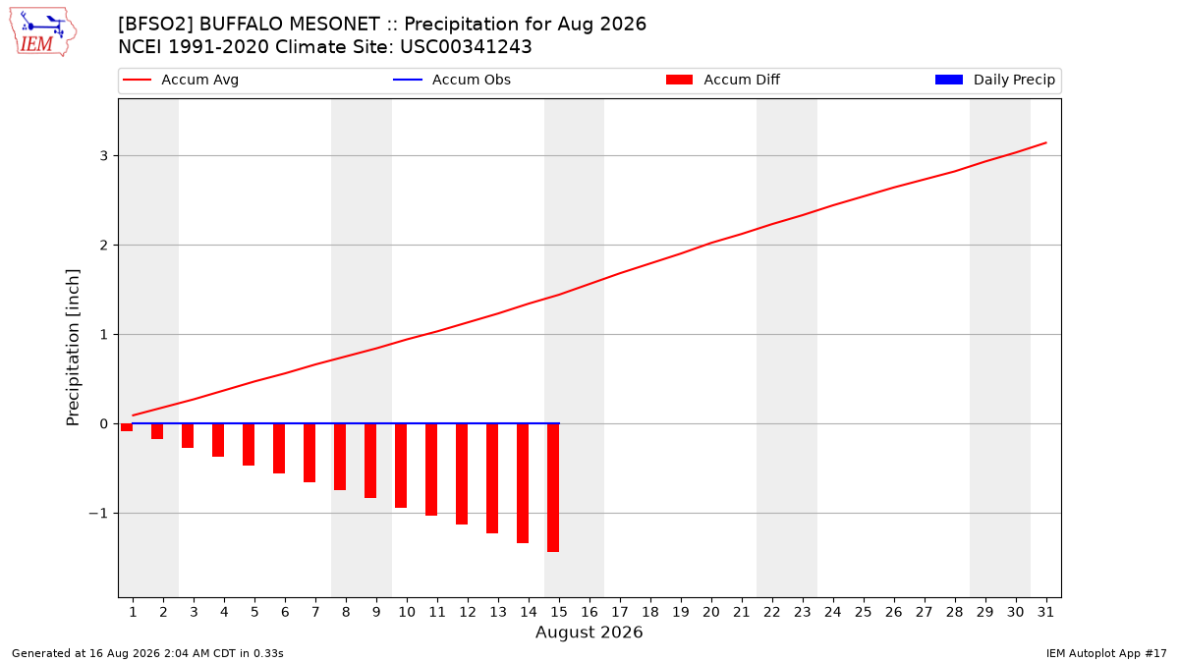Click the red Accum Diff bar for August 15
pyautogui.click(x=553, y=488)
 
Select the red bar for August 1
pyautogui.click(x=127, y=428)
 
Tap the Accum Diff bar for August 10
pyautogui.click(x=401, y=466)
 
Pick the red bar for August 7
pyautogui.click(x=309, y=453)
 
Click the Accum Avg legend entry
pyautogui.click(x=181, y=80)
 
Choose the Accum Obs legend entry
pyautogui.click(x=452, y=80)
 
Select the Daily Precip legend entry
pyautogui.click(x=994, y=80)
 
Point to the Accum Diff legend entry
pyautogui.click(x=723, y=80)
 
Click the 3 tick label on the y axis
pyautogui.click(x=104, y=156)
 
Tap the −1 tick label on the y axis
pyautogui.click(x=98, y=513)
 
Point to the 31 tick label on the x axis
pyautogui.click(x=1045, y=612)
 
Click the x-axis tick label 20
pyautogui.click(x=711, y=612)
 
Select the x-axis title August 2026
pyautogui.click(x=589, y=632)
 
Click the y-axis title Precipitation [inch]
pyautogui.click(x=73, y=348)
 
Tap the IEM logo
pyautogui.click(x=43, y=32)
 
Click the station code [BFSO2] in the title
pyautogui.click(x=156, y=25)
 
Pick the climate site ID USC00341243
pyautogui.click(x=466, y=47)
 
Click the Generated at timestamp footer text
pyautogui.click(x=147, y=653)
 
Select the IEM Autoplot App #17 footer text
pyautogui.click(x=1106, y=653)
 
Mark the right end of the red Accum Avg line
pyautogui.click(x=1045, y=142)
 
